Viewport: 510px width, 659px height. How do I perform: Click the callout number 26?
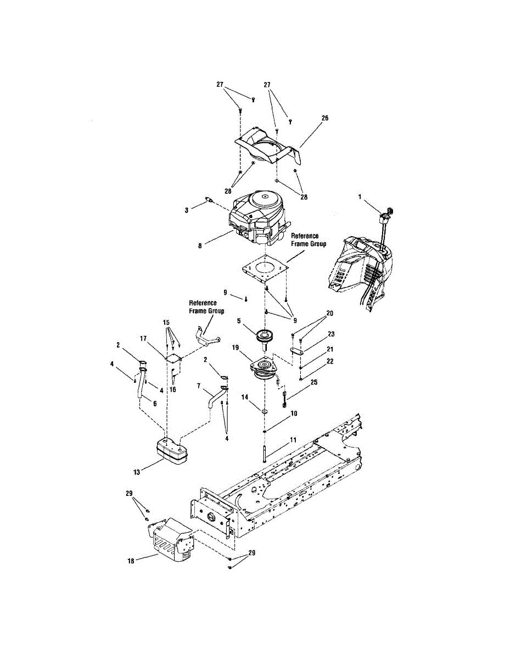pos(326,118)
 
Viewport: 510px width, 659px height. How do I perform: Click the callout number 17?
pos(144,339)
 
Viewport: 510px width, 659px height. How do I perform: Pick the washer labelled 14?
pos(265,411)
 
